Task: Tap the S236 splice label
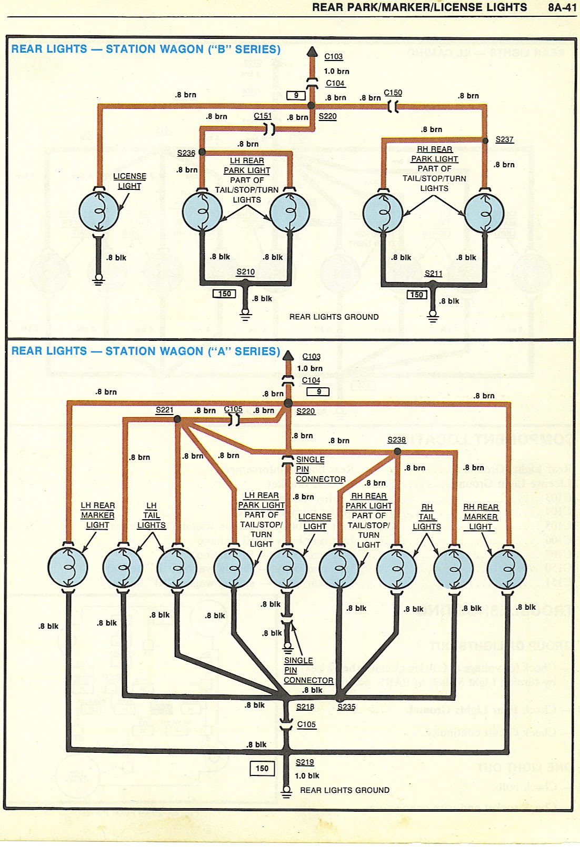pos(186,153)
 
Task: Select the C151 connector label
pos(263,116)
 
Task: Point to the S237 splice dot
pos(485,140)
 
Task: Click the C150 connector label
pos(393,93)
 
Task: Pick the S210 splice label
pos(245,272)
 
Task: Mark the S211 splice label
pos(434,274)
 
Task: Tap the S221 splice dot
pos(177,419)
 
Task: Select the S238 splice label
pos(396,440)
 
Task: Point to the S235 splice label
pos(346,707)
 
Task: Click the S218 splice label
pos(305,707)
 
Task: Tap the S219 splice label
pos(305,762)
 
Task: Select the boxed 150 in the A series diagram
pos(262,769)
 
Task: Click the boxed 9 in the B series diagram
pos(296,96)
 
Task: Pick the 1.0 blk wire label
pos(307,775)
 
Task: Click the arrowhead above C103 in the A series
pos(288,357)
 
